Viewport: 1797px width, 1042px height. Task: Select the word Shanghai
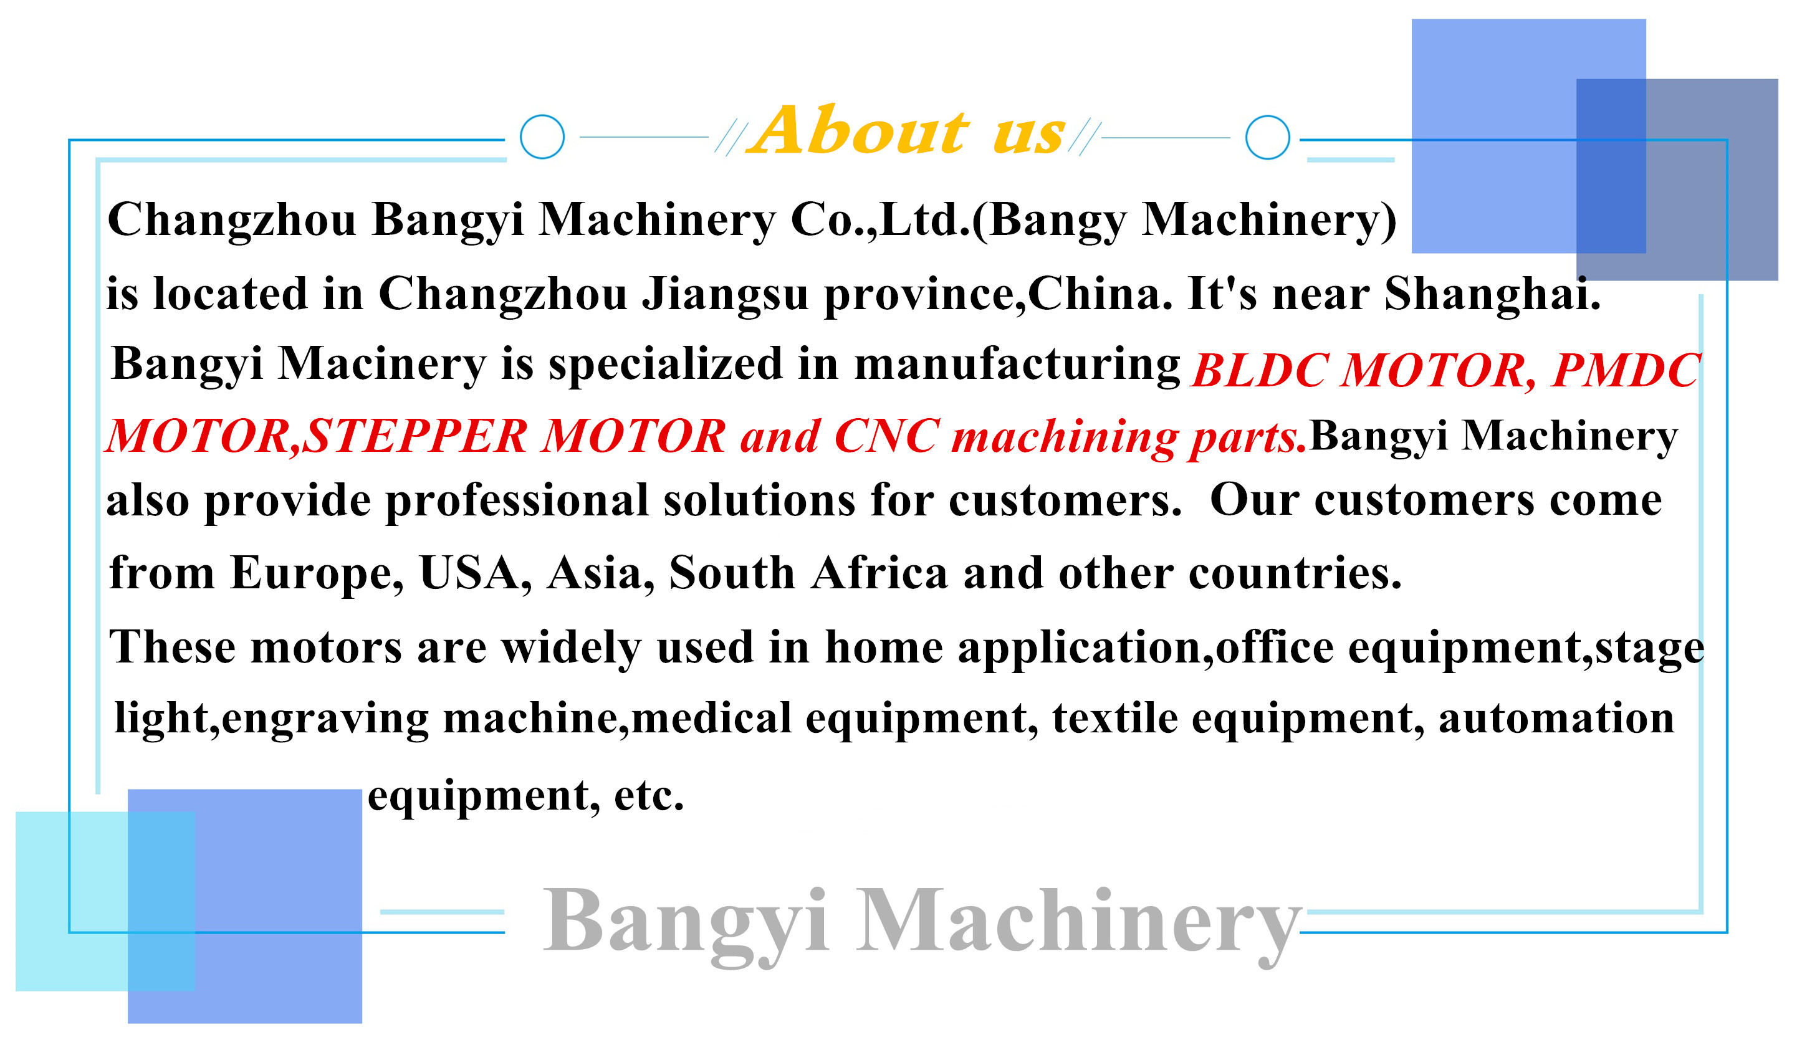[x=1492, y=294]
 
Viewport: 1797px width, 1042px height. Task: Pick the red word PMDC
[x=1626, y=370]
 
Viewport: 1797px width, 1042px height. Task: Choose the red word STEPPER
[x=415, y=436]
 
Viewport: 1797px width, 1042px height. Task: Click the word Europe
[x=316, y=575]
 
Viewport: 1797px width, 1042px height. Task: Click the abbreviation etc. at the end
[x=649, y=796]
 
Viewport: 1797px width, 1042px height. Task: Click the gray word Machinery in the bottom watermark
[x=1079, y=924]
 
